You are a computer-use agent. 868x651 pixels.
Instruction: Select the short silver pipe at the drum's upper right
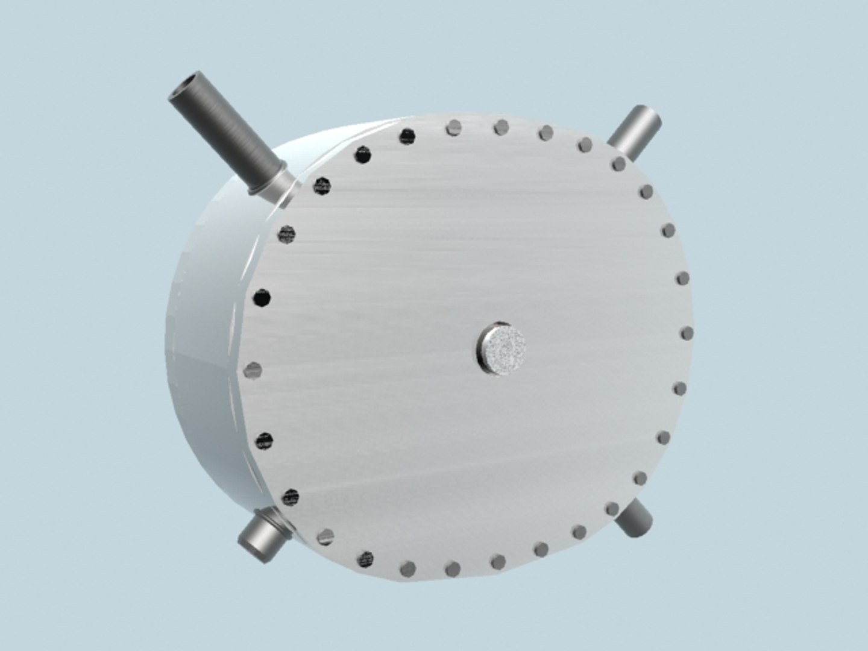[636, 133]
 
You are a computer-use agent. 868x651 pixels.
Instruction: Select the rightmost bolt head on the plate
[687, 333]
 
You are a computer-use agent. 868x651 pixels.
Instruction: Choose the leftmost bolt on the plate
[253, 369]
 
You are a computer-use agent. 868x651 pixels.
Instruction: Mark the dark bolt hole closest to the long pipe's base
[322, 186]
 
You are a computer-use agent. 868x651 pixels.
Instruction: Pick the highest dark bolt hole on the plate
[407, 136]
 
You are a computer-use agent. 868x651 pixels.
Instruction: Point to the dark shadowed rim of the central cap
[482, 350]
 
